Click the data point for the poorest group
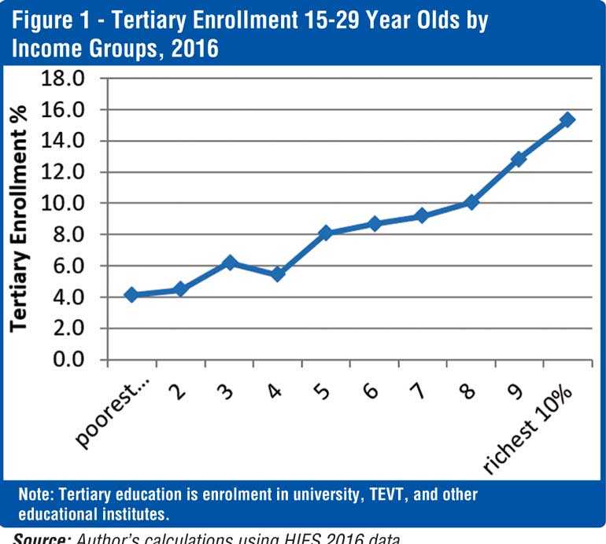(x=131, y=295)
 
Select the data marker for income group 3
(x=229, y=263)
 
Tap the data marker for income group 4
(x=277, y=274)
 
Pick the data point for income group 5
(x=326, y=233)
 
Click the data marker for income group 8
(x=471, y=202)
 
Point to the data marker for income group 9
(x=519, y=159)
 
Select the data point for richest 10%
(x=567, y=119)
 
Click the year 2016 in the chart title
(x=193, y=48)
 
